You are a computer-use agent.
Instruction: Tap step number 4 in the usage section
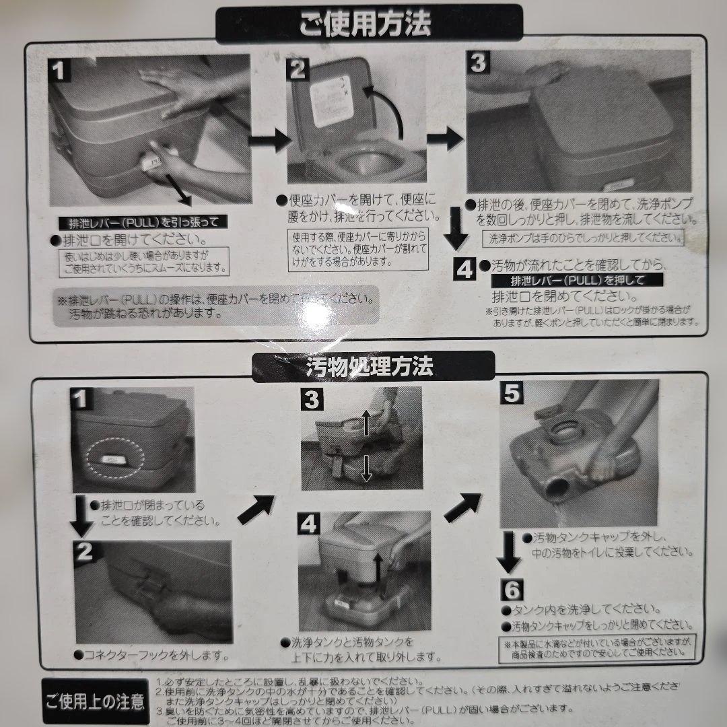465,269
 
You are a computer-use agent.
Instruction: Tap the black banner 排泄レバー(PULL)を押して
576,280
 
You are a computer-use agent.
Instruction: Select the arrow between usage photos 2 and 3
445,139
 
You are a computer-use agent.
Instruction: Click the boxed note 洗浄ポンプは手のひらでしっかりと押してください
583,238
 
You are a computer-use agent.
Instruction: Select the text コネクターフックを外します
157,654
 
